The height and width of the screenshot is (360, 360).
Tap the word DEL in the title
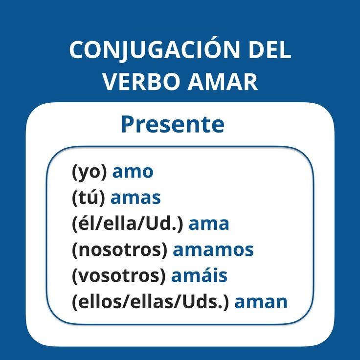coord(270,50)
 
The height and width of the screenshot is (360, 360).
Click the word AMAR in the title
coord(223,82)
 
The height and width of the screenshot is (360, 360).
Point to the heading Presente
coord(173,124)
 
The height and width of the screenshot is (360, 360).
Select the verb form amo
coord(133,172)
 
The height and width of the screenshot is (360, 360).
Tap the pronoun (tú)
coord(89,198)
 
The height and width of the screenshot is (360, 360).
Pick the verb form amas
coord(135,198)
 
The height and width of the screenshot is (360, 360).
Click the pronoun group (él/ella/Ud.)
coord(128,224)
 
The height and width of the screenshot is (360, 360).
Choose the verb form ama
coord(209,224)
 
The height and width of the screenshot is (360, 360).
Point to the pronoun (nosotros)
coord(120,250)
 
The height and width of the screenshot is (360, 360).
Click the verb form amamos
coord(213,250)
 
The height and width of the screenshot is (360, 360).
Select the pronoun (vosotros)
coord(119,276)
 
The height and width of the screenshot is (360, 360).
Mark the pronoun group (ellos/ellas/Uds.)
coord(151,302)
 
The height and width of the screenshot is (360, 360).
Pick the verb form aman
coord(261,302)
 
